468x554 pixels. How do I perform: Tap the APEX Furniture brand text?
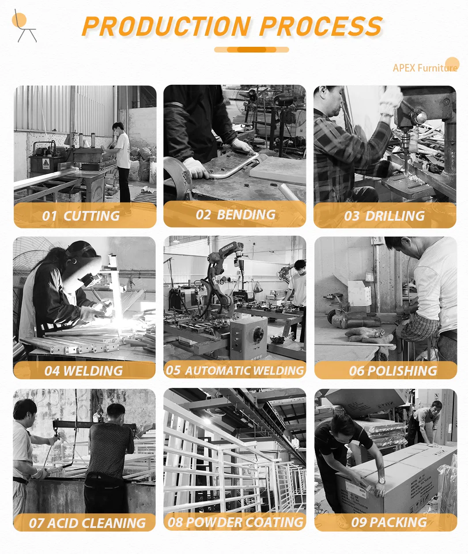[x=425, y=68]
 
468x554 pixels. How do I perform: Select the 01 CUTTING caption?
[x=81, y=216]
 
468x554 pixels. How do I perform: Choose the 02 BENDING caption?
[x=235, y=215]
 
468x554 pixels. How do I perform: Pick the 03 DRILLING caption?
[x=384, y=216]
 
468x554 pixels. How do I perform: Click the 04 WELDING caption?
[x=83, y=371]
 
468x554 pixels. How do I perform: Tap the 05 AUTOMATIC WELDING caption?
[x=235, y=371]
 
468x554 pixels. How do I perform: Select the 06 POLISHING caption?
[x=393, y=371]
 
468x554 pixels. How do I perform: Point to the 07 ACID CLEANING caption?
[x=87, y=524]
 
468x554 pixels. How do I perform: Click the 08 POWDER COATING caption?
[x=235, y=523]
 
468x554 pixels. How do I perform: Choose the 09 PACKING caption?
[x=389, y=523]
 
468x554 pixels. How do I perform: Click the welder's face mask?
[x=84, y=269]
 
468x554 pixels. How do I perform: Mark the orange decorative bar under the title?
[x=251, y=50]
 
